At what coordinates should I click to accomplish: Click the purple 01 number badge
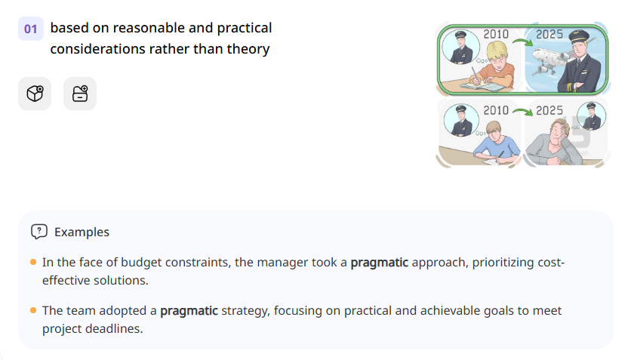(x=30, y=29)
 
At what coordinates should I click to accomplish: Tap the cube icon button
(x=35, y=94)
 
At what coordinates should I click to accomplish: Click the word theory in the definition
(x=246, y=49)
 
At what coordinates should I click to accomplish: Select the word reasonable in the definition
(x=131, y=28)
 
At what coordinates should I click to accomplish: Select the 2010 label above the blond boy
(x=496, y=35)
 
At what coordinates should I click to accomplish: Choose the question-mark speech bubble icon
(x=39, y=232)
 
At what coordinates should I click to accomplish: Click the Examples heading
(x=82, y=232)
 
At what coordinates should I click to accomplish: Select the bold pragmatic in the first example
(x=379, y=263)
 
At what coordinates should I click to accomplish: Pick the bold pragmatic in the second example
(x=189, y=310)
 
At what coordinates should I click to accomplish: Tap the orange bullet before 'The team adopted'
(x=33, y=310)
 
